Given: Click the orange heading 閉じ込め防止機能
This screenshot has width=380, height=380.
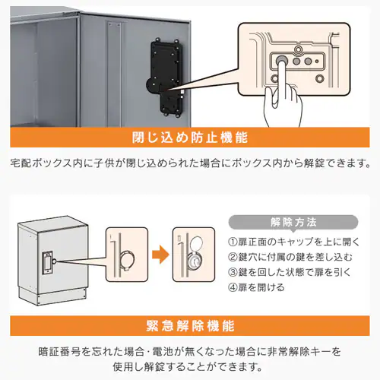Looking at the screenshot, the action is pos(190,138).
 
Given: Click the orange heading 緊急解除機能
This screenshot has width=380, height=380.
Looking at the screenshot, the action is pos(190,326).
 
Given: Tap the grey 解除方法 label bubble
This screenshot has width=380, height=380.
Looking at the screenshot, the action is pos(293,223).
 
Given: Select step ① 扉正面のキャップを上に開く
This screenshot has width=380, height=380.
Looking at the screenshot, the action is pos(294,242).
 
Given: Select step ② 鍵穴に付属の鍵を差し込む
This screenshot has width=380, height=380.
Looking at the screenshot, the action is pos(290,257).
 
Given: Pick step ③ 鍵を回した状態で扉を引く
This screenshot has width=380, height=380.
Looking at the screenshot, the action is pos(289,272).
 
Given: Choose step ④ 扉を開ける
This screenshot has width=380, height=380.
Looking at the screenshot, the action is pos(256,287).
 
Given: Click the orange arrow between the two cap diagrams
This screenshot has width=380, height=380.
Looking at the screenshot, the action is pos(160,255).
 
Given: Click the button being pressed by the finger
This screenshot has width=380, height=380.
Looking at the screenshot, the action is pos(281,61).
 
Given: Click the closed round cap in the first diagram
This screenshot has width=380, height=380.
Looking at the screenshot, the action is pos(127,260).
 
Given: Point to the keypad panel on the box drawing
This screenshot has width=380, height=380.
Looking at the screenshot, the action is pos(47,263).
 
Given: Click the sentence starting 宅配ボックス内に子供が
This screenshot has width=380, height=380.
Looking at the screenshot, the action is pos(191,163).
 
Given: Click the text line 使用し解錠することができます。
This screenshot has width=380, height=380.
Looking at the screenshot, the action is pos(187,366).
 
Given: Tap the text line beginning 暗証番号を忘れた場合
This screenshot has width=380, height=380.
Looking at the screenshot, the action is pos(190,352).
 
